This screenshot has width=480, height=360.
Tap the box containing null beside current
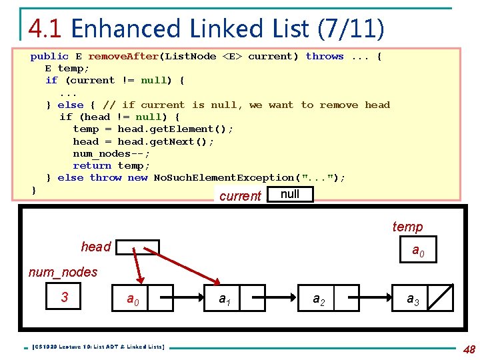click(290, 194)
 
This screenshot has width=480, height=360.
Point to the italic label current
click(240, 196)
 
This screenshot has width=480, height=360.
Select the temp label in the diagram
click(407, 227)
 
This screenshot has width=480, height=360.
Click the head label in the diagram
click(95, 247)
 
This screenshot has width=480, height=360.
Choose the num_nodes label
click(63, 272)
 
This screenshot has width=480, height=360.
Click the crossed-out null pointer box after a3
click(440, 298)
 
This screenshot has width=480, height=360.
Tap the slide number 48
click(469, 349)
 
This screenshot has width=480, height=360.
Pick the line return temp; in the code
click(111, 165)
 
